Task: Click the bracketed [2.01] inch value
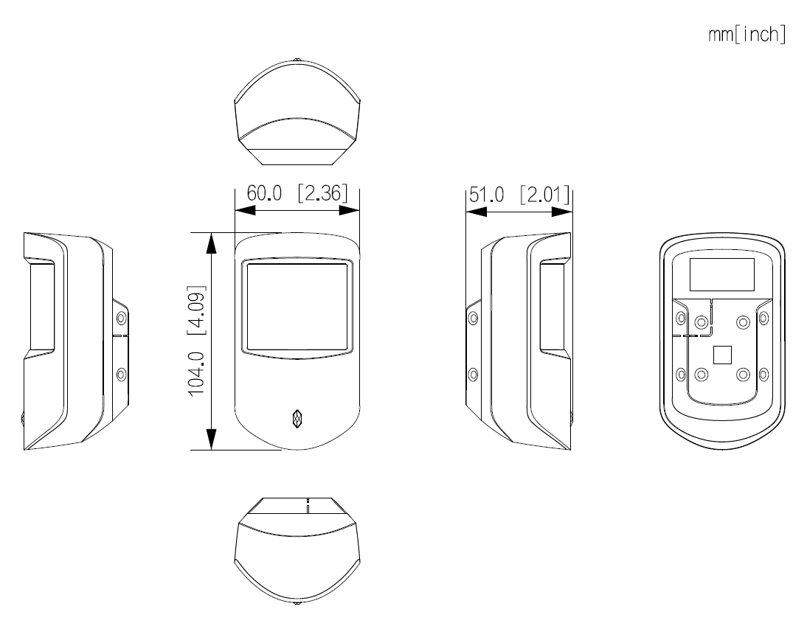pos(544,195)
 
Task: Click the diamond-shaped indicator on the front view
pos(297,419)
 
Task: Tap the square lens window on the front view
pos(297,305)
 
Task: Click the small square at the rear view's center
pos(722,355)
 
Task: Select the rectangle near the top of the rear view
pos(721,274)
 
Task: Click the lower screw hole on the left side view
pos(122,373)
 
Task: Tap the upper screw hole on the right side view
pos(474,319)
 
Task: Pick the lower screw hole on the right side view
pos(474,373)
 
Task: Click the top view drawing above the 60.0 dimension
pos(297,114)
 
